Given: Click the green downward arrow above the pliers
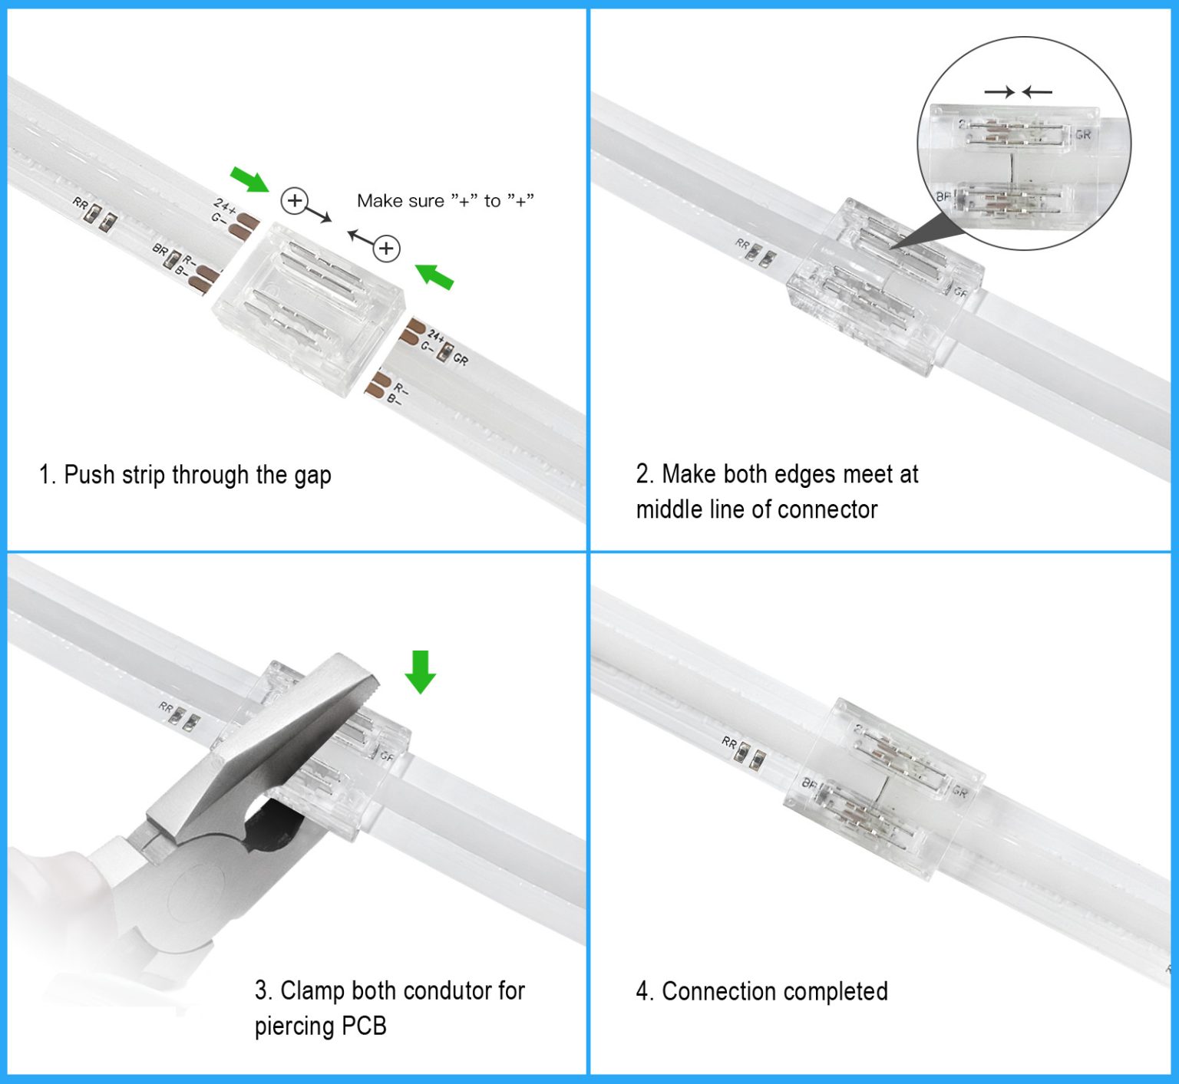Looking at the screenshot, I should tap(420, 672).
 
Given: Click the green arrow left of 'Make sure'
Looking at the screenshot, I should tap(250, 180).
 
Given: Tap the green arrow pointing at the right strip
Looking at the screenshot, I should tap(434, 276).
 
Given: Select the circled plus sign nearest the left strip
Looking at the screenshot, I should tap(295, 201).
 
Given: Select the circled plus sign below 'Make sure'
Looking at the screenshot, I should tap(387, 249).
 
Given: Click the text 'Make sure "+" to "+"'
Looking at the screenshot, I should tap(445, 201).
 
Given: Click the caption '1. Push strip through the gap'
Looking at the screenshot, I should tap(185, 475).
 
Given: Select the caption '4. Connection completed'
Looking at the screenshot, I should tap(761, 991).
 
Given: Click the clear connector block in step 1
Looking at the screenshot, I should tap(309, 307).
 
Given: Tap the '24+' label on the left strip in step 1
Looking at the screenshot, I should tap(224, 206).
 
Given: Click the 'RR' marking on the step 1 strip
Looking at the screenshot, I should tap(80, 203).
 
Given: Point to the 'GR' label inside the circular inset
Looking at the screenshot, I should tap(1082, 135).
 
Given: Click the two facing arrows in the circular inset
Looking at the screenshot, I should tap(1018, 92).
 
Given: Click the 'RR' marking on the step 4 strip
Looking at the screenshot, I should tap(729, 743).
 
